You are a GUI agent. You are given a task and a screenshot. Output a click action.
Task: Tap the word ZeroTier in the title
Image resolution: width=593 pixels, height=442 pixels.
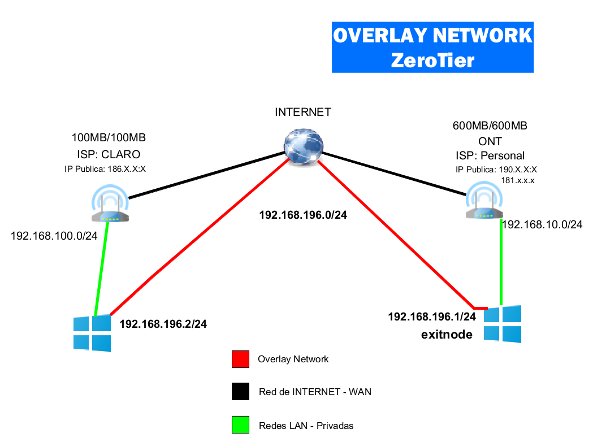(x=432, y=59)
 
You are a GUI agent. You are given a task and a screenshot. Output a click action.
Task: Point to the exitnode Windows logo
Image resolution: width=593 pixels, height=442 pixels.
(x=503, y=324)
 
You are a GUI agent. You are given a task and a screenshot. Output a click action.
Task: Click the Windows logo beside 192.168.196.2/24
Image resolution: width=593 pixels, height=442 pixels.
(x=92, y=333)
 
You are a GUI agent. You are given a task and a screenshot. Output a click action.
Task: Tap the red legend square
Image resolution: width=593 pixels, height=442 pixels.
(x=240, y=359)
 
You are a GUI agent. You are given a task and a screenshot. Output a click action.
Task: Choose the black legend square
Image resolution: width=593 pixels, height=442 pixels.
(x=240, y=392)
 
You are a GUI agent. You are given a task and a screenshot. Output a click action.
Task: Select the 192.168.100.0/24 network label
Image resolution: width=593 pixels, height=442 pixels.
(x=54, y=236)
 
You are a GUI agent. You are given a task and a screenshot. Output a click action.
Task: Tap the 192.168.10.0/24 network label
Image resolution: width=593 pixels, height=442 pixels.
(x=542, y=224)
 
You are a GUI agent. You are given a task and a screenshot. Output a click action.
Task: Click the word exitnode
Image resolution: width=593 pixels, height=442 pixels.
(x=447, y=335)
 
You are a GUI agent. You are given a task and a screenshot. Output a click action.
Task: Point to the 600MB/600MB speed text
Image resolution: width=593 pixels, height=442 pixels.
(x=490, y=126)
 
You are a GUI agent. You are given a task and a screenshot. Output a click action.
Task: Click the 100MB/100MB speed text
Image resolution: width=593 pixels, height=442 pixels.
(x=109, y=137)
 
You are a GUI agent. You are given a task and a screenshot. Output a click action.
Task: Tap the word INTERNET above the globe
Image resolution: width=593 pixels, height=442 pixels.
(x=302, y=112)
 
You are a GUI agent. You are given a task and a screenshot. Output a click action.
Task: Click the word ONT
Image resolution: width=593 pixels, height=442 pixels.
(x=490, y=141)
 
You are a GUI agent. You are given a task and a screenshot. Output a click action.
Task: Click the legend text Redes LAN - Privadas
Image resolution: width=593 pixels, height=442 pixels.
(x=306, y=426)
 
